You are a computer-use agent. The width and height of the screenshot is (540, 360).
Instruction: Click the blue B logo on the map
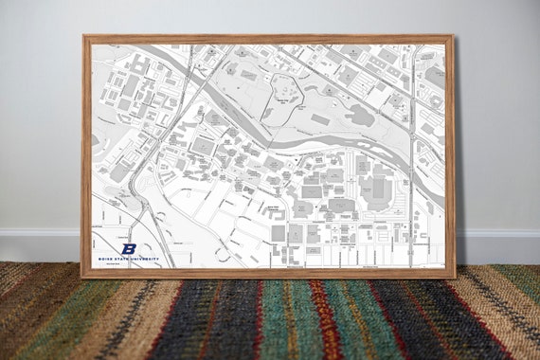pyautogui.click(x=129, y=248)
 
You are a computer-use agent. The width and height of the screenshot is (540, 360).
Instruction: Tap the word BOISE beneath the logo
pyautogui.click(x=105, y=259)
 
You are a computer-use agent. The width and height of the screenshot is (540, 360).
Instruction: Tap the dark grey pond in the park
pyautogui.click(x=361, y=117)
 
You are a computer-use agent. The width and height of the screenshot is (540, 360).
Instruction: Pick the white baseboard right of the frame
pyautogui.click(x=497, y=244)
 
